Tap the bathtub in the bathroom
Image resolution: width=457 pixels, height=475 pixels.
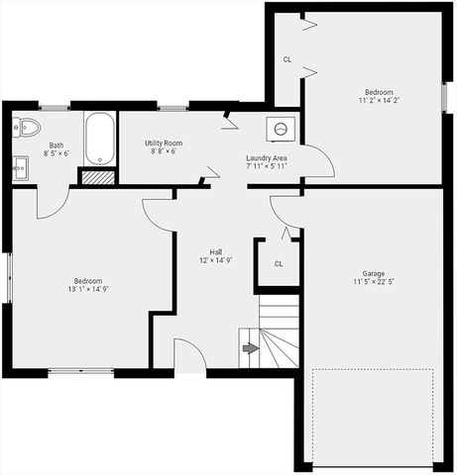click(x=100, y=140)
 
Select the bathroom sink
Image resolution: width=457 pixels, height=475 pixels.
click(x=20, y=166)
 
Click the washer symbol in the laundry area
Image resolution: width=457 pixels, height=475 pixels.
click(x=281, y=128)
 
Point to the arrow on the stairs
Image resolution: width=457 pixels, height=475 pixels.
click(x=250, y=348)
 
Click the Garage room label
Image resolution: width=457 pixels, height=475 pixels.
click(x=373, y=273)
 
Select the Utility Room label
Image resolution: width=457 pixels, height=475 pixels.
click(x=164, y=143)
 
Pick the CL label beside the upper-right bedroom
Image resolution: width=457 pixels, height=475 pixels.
click(x=287, y=59)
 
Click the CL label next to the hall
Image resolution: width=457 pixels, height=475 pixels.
click(x=279, y=263)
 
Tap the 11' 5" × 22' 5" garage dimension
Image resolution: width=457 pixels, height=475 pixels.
click(x=373, y=282)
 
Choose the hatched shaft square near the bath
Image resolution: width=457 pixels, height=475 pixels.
click(x=96, y=177)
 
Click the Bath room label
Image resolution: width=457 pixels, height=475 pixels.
click(x=56, y=145)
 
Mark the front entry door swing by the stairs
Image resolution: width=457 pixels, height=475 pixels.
click(x=188, y=356)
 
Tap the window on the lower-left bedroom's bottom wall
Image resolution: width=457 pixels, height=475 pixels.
click(x=80, y=372)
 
